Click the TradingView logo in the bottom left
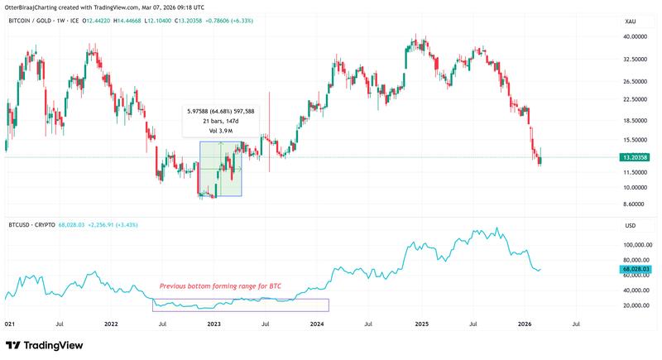(39, 345)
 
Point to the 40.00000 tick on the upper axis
(634, 37)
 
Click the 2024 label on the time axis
(317, 325)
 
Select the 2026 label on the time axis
(524, 325)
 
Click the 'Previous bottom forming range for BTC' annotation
(220, 286)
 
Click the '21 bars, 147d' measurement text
(220, 121)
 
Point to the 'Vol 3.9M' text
(220, 131)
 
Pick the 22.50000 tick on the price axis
(634, 99)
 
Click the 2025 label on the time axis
(420, 325)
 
